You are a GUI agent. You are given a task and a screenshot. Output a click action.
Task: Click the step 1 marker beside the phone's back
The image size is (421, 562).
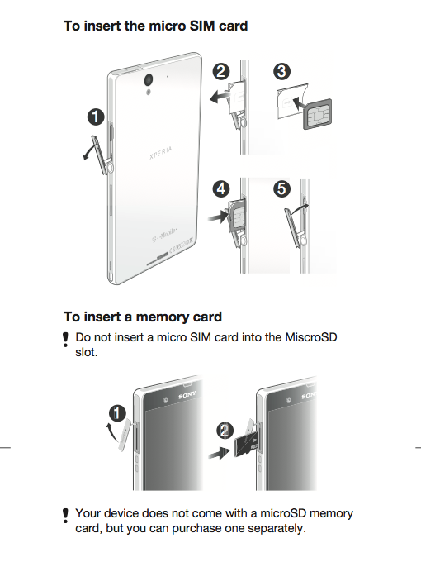pos(96,117)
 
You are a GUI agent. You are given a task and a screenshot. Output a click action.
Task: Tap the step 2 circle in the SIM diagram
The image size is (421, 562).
pos(221,71)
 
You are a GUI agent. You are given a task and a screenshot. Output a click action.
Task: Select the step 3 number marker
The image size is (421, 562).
pos(281,71)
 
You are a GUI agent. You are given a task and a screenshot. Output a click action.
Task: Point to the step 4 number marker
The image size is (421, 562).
pos(221,189)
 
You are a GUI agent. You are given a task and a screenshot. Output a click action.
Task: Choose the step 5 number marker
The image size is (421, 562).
pos(281,189)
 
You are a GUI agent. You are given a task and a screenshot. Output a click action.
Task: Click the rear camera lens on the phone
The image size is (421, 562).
pos(149,79)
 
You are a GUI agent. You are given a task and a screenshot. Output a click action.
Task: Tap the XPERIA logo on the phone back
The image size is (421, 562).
pos(161,153)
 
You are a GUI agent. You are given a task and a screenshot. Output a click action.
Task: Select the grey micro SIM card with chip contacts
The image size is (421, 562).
pos(317,114)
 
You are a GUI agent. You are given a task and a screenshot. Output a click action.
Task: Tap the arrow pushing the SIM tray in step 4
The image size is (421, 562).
pos(219,217)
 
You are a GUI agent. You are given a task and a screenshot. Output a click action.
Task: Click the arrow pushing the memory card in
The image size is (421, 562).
pos(220,454)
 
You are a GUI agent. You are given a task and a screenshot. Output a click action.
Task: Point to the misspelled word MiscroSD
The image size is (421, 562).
pos(311,337)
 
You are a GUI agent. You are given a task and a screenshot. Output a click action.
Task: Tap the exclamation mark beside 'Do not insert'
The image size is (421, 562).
pos(65,340)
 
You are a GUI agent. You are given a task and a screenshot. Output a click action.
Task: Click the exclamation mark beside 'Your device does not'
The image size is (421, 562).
pos(65,516)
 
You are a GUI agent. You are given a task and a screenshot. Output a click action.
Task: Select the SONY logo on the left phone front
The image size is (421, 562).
pos(187,395)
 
